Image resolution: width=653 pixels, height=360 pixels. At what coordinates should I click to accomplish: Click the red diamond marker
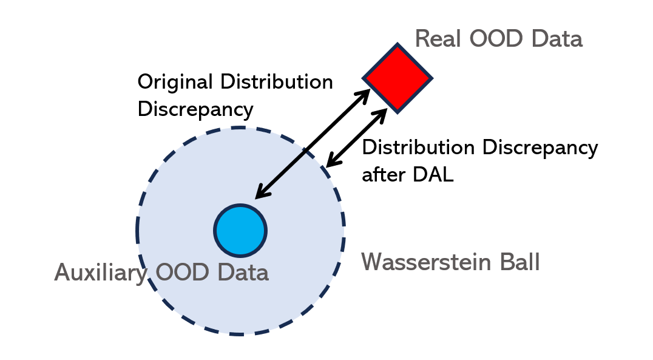pos(397,78)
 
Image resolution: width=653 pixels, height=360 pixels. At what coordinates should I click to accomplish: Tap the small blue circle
pos(240,231)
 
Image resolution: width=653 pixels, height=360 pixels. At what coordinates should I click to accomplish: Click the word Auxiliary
pos(101,273)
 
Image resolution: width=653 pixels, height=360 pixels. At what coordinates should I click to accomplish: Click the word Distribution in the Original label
pos(277,82)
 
